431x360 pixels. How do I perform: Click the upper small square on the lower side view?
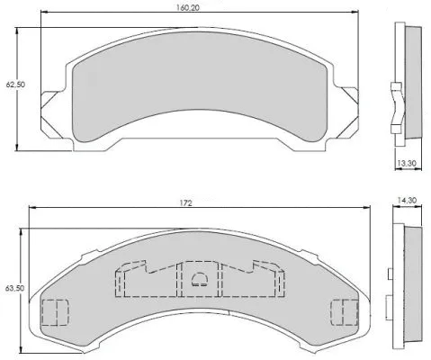pyautogui.click(x=390, y=272)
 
